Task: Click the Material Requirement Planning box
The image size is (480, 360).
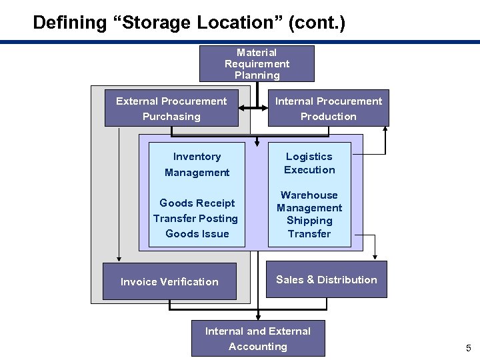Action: (x=257, y=63)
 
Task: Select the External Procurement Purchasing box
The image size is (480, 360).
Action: (x=171, y=109)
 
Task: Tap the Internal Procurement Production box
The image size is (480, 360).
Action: (x=329, y=109)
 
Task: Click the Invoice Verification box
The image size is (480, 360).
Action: (x=169, y=281)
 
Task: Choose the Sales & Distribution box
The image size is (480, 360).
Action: (x=327, y=280)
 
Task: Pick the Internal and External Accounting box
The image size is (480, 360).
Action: (x=258, y=339)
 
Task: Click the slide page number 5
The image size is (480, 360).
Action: (x=468, y=348)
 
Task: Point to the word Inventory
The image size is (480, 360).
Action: (x=197, y=157)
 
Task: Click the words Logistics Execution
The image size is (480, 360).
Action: (x=309, y=163)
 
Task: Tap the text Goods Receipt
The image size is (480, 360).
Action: (x=197, y=203)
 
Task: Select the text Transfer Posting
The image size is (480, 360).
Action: (x=195, y=219)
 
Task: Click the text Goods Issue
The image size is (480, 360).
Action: (x=197, y=234)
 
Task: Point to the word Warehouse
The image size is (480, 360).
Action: (x=309, y=195)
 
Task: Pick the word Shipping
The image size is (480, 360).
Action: (x=309, y=221)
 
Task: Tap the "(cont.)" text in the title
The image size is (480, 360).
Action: (x=317, y=23)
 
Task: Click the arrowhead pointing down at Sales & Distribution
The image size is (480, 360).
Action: (x=375, y=256)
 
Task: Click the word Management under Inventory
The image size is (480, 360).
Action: (x=197, y=173)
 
